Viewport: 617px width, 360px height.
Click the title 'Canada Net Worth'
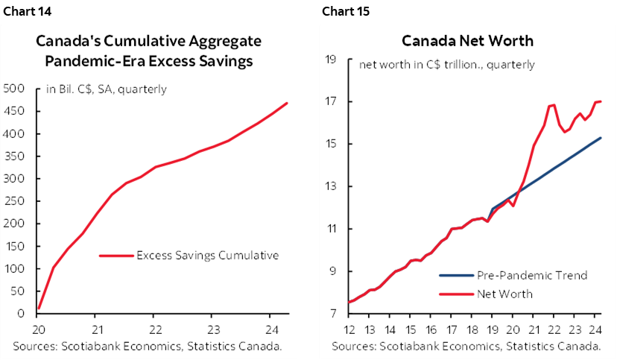click(x=467, y=40)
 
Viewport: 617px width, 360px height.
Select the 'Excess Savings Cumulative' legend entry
click(x=207, y=255)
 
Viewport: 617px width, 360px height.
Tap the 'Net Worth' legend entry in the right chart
click(x=505, y=294)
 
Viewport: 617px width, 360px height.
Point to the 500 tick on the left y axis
click(x=14, y=89)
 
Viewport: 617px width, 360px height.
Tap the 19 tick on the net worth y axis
click(x=332, y=59)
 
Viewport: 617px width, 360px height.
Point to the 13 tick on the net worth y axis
click(x=332, y=186)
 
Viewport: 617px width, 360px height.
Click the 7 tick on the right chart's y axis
click(x=335, y=314)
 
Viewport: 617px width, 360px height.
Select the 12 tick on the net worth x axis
click(x=348, y=329)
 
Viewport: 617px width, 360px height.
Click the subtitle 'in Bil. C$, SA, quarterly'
click(x=107, y=89)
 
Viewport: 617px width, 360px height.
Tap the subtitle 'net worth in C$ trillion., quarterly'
click(x=446, y=64)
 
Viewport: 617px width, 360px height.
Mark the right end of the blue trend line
click(x=601, y=138)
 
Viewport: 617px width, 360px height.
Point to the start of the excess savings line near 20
click(x=39, y=308)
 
